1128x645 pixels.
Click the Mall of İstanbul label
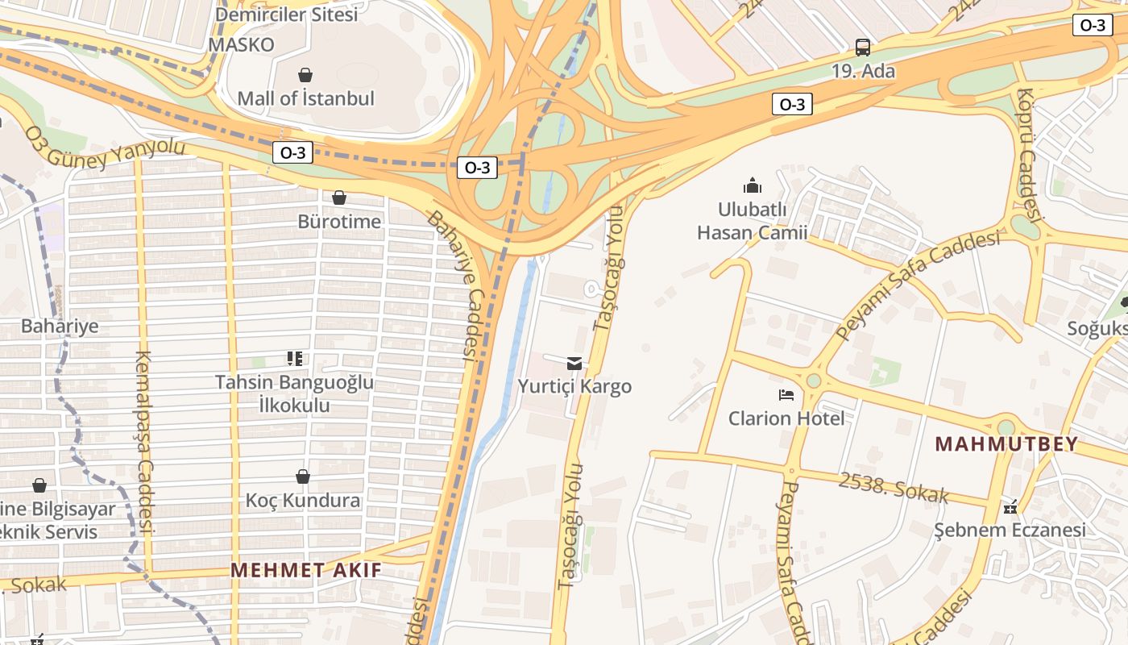305,98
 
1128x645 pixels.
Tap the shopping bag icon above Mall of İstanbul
305,75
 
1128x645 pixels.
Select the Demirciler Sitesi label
286,14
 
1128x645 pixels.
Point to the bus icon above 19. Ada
863,47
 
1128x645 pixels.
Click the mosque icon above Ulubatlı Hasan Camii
753,185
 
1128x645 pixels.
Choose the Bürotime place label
339,221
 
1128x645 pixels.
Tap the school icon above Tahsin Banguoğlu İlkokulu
295,358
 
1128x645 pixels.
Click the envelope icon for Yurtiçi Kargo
574,363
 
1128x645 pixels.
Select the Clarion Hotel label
786,418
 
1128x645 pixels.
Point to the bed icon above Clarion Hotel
786,394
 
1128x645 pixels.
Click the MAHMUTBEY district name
1006,444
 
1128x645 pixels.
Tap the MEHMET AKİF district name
306,570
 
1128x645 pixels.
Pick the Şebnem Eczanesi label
1010,530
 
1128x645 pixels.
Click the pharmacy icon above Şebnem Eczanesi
1010,507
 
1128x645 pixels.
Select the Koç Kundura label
303,501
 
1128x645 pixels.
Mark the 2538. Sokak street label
894,487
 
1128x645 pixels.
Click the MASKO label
241,44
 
